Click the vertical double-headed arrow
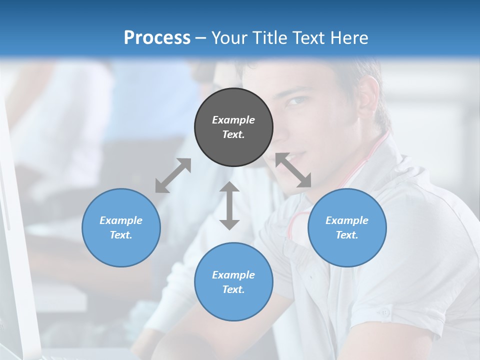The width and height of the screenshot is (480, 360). click(229, 205)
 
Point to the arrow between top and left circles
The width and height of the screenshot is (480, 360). click(173, 175)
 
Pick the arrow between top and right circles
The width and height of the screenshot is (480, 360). click(293, 170)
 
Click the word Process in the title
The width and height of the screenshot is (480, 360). click(157, 37)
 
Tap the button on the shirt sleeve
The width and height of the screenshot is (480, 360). click(384, 312)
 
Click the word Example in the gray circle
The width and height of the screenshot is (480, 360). click(233, 120)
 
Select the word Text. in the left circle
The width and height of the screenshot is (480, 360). click(121, 235)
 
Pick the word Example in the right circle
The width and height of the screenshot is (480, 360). click(347, 220)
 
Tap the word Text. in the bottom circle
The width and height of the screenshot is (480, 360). click(233, 289)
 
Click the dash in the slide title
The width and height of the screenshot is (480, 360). click(201, 38)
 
